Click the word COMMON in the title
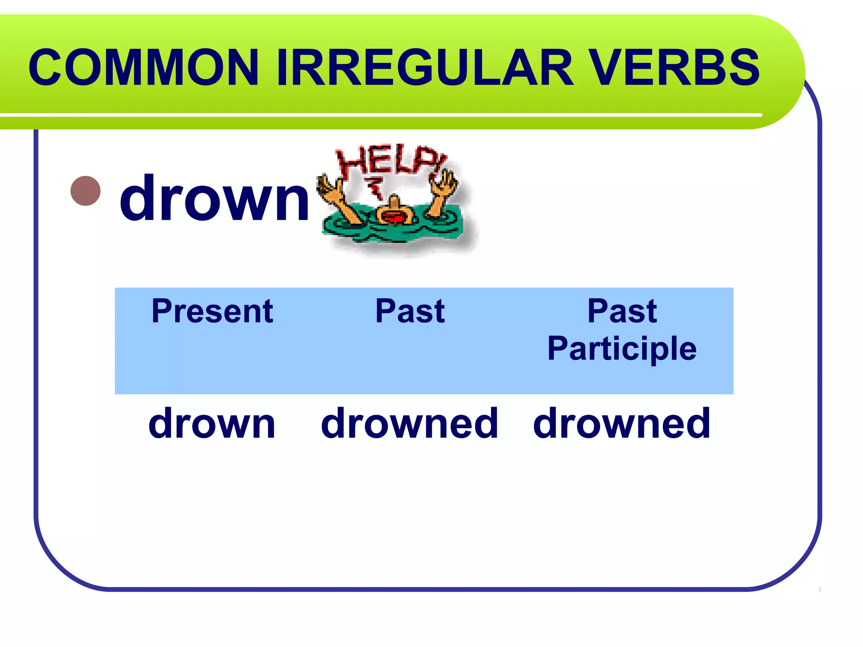pyautogui.click(x=143, y=67)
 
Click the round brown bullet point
pyautogui.click(x=86, y=191)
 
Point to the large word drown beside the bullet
pyautogui.click(x=215, y=198)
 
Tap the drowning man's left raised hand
pyautogui.click(x=331, y=190)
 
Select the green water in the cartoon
pyautogui.click(x=392, y=234)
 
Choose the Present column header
pyautogui.click(x=212, y=311)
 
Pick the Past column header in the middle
pyautogui.click(x=410, y=311)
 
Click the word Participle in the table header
pyautogui.click(x=622, y=349)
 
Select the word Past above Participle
pyautogui.click(x=622, y=311)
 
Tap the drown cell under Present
pyautogui.click(x=212, y=423)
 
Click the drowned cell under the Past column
pyautogui.click(x=410, y=423)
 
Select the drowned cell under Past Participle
pyautogui.click(x=622, y=423)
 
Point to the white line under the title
pyautogui.click(x=379, y=115)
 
